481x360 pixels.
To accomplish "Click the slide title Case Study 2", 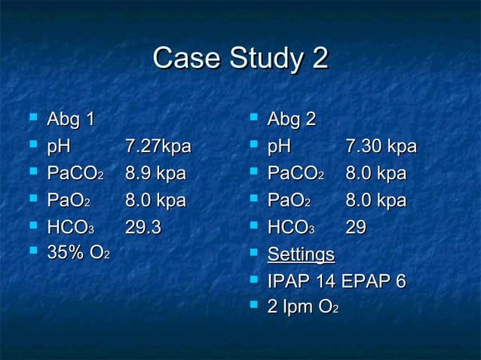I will pos(240,59).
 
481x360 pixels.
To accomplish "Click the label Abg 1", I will pos(71,119).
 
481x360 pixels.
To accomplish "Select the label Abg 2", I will pos(292,119).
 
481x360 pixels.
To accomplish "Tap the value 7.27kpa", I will pos(158,146).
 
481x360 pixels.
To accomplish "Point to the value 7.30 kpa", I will pos(381,146).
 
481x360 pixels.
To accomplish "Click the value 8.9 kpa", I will pos(155,174).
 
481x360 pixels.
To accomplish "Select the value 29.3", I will pos(143,227).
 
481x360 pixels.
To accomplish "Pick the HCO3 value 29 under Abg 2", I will pos(357,227).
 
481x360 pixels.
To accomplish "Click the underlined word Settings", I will pos(301,255).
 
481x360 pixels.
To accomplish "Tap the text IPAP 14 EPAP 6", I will pos(337,282).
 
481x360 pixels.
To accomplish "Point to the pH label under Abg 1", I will pos(59,146).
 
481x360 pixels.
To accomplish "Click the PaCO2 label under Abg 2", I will pos(296,174).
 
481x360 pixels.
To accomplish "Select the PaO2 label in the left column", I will pos(69,201).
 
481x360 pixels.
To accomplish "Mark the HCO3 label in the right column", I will pos(291,227).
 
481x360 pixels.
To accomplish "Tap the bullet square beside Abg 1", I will pos(31,119).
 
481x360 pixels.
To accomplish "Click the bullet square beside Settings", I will pos(253,255).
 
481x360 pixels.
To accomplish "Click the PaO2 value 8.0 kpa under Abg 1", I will pos(155,201).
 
